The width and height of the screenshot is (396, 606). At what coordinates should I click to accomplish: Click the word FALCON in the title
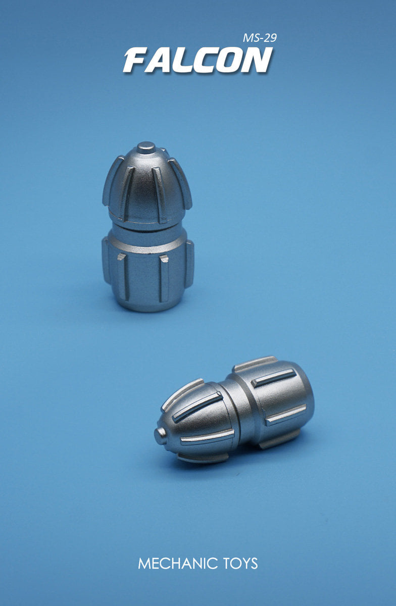tap(197, 60)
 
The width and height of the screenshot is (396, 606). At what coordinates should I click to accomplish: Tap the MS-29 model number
tap(260, 38)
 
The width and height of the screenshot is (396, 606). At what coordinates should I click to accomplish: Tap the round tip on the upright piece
tap(146, 147)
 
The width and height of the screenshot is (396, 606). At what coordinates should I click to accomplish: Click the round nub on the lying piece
tap(161, 436)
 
